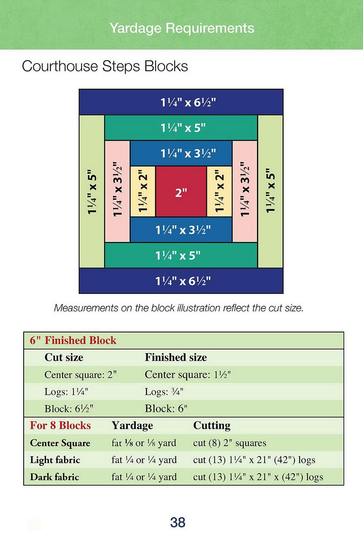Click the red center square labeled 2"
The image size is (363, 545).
pos(181,192)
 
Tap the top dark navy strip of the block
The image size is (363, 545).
pos(181,102)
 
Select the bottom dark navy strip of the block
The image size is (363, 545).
pos(181,281)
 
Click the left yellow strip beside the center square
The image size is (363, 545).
pos(143,192)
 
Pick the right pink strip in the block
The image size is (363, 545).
pos(245,192)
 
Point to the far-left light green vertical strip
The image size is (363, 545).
pos(92,192)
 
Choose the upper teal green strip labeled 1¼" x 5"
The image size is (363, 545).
pos(181,128)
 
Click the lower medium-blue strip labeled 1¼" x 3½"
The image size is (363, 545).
pos(181,230)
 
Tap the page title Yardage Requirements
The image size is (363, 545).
pos(182,28)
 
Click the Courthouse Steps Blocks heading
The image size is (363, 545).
pos(105,66)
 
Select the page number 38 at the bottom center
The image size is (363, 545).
pos(178,522)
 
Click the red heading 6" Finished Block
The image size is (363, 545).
pos(73,340)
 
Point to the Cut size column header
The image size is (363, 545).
pos(64,357)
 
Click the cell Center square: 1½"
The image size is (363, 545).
pos(188,375)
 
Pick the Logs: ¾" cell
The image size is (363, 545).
pos(164,392)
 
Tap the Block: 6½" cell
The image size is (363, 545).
pos(69,409)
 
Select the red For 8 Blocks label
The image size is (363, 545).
pos(60,426)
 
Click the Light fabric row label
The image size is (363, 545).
pos(55,460)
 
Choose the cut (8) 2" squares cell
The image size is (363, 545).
pos(229,443)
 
